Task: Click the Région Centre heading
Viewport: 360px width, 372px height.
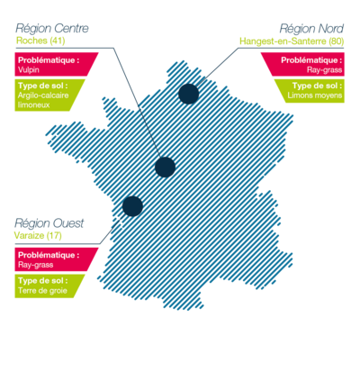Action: pyautogui.click(x=52, y=29)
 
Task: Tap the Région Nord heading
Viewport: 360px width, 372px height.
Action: pyautogui.click(x=311, y=29)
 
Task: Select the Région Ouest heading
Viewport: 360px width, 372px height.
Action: pyautogui.click(x=49, y=223)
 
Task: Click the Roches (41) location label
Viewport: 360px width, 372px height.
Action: pyautogui.click(x=40, y=41)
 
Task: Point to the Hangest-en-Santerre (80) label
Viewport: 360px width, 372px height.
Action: pyautogui.click(x=292, y=41)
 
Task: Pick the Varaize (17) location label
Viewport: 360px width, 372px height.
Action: pyautogui.click(x=38, y=235)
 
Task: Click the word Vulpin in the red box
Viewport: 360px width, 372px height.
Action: pyautogui.click(x=29, y=70)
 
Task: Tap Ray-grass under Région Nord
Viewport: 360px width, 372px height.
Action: pyautogui.click(x=324, y=70)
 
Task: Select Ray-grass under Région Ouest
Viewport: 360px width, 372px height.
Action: pyautogui.click(x=35, y=265)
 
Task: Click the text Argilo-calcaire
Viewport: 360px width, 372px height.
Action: pyautogui.click(x=43, y=95)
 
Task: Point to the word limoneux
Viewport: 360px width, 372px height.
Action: pyautogui.click(x=33, y=105)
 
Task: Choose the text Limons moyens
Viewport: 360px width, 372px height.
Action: pyautogui.click(x=315, y=95)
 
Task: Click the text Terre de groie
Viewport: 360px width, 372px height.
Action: pyautogui.click(x=42, y=291)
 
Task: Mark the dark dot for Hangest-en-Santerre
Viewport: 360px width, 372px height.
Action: pyautogui.click(x=189, y=94)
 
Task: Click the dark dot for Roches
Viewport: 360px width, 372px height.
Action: pyautogui.click(x=165, y=167)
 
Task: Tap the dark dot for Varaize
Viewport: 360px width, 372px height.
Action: pyautogui.click(x=132, y=206)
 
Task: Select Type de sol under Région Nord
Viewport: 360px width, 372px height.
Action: pyautogui.click(x=317, y=86)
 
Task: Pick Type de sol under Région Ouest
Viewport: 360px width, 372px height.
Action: pyautogui.click(x=42, y=281)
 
